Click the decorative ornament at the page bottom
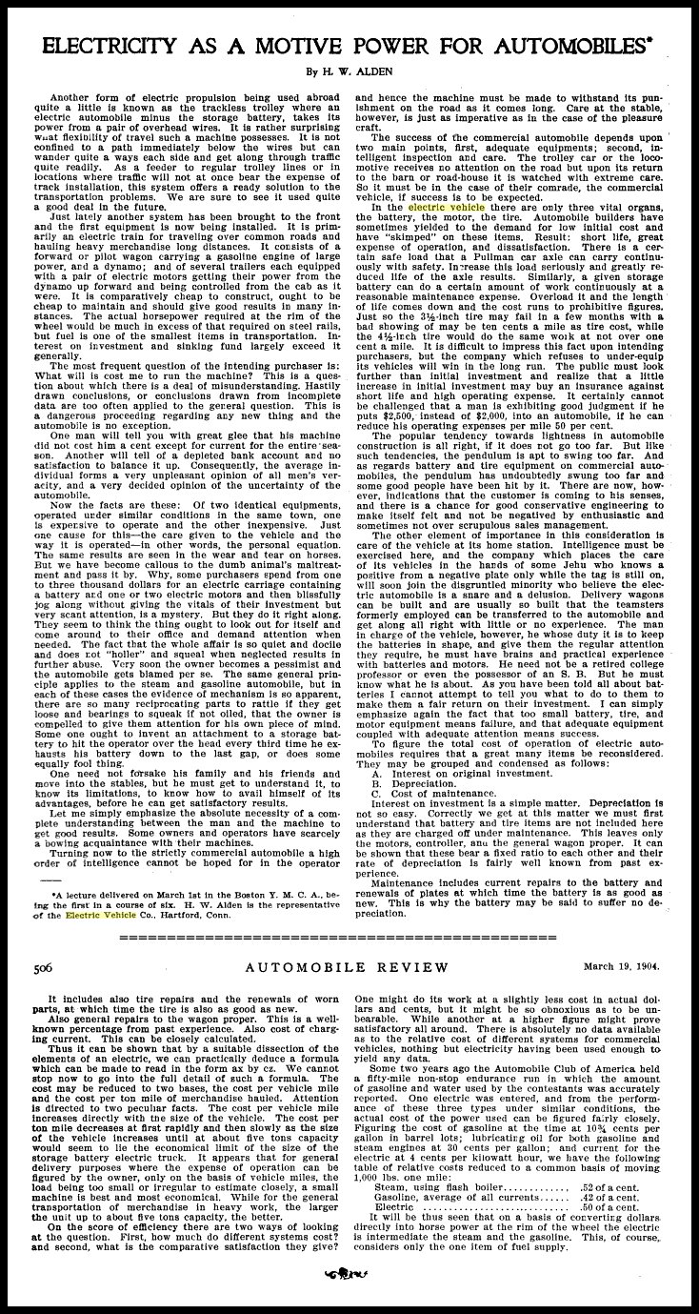(x=349, y=1297)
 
